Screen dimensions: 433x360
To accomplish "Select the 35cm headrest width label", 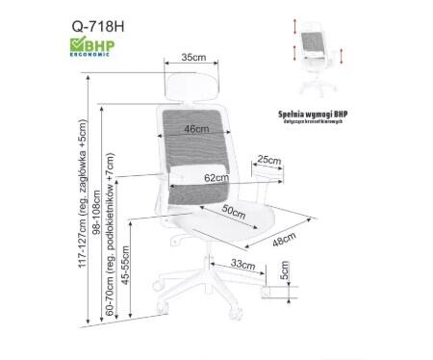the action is pyautogui.click(x=194, y=59).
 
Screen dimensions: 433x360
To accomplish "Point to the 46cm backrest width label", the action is pyautogui.click(x=197, y=130).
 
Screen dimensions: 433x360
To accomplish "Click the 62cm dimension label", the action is pyautogui.click(x=216, y=178).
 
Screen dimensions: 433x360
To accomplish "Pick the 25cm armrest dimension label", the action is pyautogui.click(x=268, y=160).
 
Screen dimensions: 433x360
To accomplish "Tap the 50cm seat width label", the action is pyautogui.click(x=234, y=210).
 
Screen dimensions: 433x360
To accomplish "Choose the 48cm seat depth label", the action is pyautogui.click(x=283, y=241).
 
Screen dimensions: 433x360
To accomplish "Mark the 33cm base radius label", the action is pyautogui.click(x=242, y=264).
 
